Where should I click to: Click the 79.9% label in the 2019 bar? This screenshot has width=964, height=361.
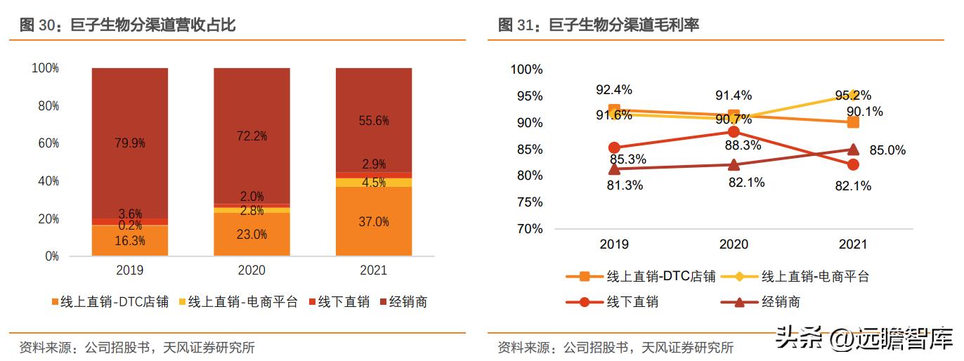coord(130,143)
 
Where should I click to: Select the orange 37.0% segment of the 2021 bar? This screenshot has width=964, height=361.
coord(373,222)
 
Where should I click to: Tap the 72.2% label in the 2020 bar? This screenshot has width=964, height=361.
coord(252,136)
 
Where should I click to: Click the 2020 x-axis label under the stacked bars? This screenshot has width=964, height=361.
coord(252,270)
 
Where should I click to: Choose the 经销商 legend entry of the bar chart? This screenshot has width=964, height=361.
coord(403,302)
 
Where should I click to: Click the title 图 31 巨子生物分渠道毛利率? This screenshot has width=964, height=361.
coord(599,25)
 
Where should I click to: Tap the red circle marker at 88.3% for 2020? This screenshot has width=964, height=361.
coord(734,132)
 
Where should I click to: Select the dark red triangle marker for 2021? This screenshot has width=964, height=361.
coord(853,149)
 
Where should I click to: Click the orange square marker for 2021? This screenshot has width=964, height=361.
coord(853,122)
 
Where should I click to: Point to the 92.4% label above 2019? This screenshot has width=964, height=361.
coord(614,90)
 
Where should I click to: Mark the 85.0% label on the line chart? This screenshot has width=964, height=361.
coord(887,150)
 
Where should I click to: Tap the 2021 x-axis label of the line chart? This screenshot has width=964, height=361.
coord(852,244)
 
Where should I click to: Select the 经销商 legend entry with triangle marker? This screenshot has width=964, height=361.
coord(770,303)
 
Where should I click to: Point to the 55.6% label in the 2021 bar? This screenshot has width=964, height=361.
coord(373,121)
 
